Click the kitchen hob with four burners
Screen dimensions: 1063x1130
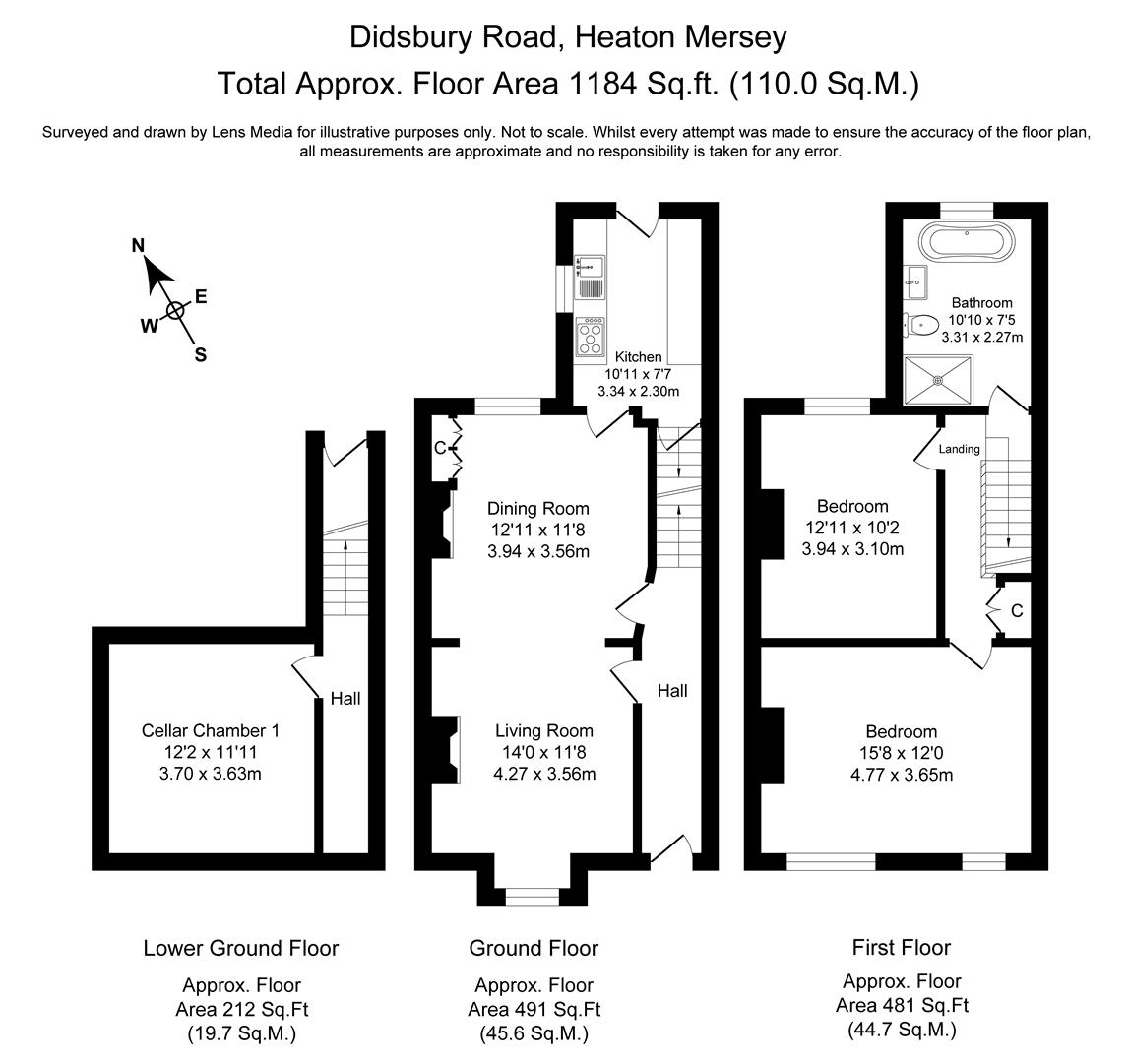click(592, 336)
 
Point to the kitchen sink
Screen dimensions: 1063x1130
click(591, 277)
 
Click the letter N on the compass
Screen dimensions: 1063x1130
click(139, 246)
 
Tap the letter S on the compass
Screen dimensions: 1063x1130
click(200, 355)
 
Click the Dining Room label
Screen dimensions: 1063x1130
click(538, 509)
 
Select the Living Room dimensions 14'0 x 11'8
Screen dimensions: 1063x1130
click(544, 753)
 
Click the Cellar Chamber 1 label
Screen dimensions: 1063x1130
click(211, 730)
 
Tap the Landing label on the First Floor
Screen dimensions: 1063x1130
click(959, 449)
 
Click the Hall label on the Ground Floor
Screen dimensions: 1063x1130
click(672, 691)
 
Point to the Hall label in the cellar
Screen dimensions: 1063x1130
click(345, 699)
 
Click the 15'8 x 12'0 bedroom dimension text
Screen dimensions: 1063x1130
click(901, 753)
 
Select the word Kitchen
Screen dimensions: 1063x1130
click(639, 356)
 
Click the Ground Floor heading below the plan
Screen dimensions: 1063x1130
click(533, 948)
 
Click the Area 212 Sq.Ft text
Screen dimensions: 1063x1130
click(241, 1009)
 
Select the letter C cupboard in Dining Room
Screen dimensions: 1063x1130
click(440, 449)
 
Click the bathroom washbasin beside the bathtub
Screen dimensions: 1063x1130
click(916, 282)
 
